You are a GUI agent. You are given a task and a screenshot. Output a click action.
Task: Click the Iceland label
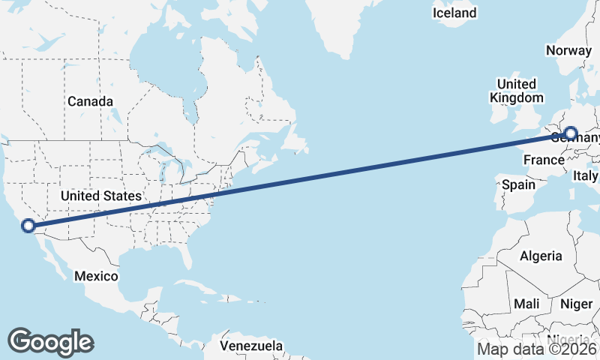click(x=454, y=13)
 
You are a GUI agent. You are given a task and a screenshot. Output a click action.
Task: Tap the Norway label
click(x=568, y=50)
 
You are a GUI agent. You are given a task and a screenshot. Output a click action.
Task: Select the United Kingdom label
click(x=517, y=91)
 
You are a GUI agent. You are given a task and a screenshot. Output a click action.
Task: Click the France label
click(x=544, y=160)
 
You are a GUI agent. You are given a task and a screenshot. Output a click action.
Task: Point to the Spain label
click(x=518, y=184)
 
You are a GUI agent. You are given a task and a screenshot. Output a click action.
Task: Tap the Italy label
click(x=585, y=175)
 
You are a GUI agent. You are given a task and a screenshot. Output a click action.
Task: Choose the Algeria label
click(x=541, y=256)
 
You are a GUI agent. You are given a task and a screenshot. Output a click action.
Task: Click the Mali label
click(x=526, y=304)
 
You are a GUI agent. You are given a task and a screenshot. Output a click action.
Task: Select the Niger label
click(x=577, y=304)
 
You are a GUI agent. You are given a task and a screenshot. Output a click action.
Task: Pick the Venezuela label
click(x=252, y=346)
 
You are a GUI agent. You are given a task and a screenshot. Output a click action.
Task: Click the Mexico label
click(x=96, y=276)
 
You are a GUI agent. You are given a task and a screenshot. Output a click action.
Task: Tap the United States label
click(x=100, y=196)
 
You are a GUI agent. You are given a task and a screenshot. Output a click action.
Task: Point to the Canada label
click(x=90, y=101)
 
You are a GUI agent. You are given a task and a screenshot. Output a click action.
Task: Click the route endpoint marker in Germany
click(x=571, y=134)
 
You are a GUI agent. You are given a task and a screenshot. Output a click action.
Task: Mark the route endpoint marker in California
click(x=28, y=225)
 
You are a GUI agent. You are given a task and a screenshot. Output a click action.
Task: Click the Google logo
click(x=50, y=341)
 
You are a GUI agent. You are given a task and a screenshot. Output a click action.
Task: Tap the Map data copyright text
click(x=537, y=349)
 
